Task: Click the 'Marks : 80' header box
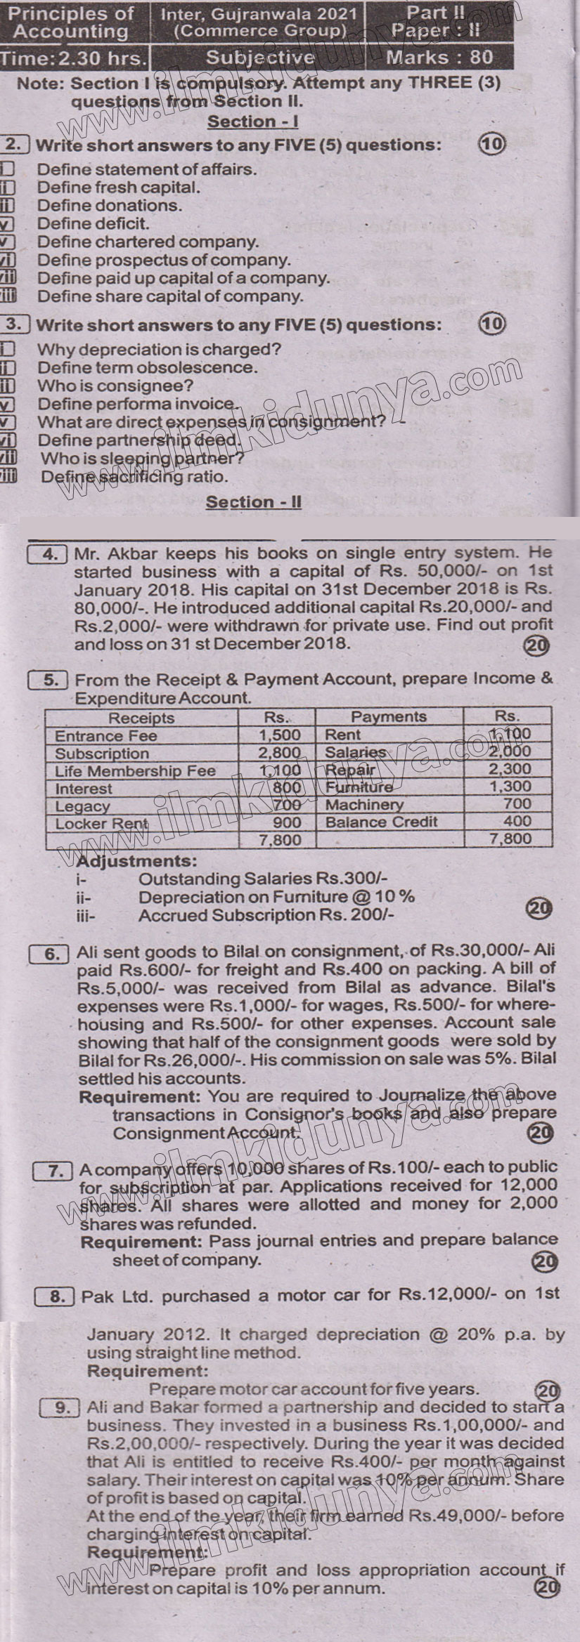(x=439, y=58)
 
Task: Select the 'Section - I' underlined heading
(x=253, y=121)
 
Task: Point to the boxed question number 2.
(x=15, y=145)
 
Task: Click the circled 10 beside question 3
(x=491, y=324)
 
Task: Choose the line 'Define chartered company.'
(x=148, y=242)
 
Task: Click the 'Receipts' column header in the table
(x=141, y=718)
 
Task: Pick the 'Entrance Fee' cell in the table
(x=106, y=736)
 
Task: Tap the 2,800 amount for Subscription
(x=279, y=753)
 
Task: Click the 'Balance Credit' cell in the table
(x=381, y=822)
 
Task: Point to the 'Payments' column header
(x=388, y=716)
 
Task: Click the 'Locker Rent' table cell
(x=102, y=823)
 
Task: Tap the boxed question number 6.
(x=52, y=954)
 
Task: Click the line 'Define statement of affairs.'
(x=147, y=169)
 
